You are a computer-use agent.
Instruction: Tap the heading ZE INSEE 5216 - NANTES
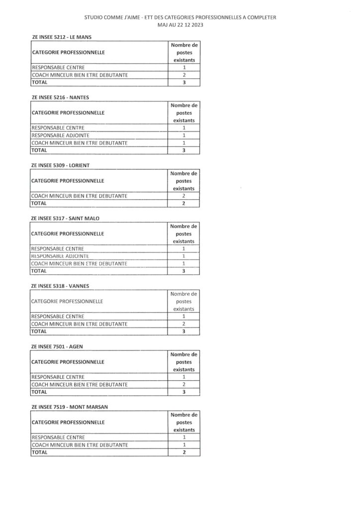pyautogui.click(x=60, y=97)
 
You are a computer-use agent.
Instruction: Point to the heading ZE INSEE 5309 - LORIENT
pyautogui.click(x=60, y=165)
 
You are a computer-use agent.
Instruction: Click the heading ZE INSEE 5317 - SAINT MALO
pyautogui.click(x=65, y=218)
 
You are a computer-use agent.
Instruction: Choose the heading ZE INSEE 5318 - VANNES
pyautogui.click(x=60, y=286)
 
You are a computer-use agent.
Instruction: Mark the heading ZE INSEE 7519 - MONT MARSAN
pyautogui.click(x=70, y=407)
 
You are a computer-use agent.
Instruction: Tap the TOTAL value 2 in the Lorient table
pyautogui.click(x=184, y=203)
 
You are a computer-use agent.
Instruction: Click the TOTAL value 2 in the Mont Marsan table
pyautogui.click(x=184, y=452)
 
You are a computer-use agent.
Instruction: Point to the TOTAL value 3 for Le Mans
pyautogui.click(x=184, y=83)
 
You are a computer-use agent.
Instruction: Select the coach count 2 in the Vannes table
pyautogui.click(x=184, y=324)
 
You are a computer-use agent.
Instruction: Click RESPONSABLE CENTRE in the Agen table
pyautogui.click(x=58, y=377)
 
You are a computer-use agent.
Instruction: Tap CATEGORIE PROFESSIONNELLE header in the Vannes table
pyautogui.click(x=67, y=301)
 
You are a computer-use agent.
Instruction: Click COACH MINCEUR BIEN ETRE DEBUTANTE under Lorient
pyautogui.click(x=79, y=196)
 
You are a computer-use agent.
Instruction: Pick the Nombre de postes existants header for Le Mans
pyautogui.click(x=184, y=52)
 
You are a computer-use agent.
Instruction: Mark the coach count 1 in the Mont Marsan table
pyautogui.click(x=184, y=445)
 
